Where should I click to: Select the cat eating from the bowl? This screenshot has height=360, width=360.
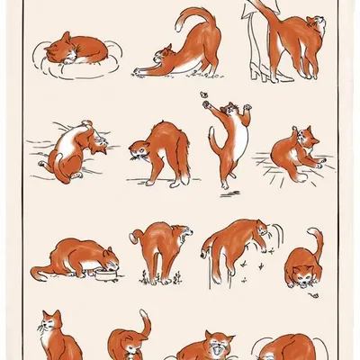click(x=76, y=259)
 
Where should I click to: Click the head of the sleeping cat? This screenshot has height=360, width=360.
click(x=64, y=40)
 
